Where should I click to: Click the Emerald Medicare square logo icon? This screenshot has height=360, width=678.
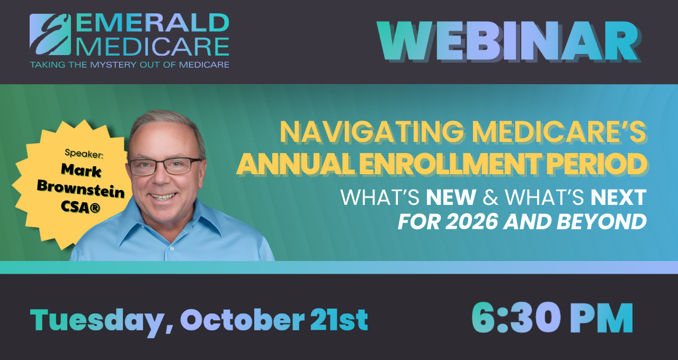point(50,34)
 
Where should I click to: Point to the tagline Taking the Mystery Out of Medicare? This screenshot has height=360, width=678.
point(129,65)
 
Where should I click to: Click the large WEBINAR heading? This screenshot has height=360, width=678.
point(507,42)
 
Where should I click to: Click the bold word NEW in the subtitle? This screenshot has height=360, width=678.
point(451,197)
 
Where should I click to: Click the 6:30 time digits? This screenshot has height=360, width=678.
point(515,318)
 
